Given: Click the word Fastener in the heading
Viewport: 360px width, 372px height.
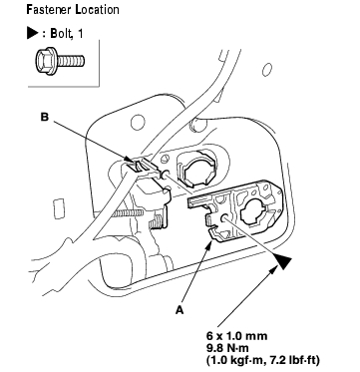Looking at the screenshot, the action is [49, 9].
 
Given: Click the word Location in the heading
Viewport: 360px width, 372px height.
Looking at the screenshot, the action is [98, 9].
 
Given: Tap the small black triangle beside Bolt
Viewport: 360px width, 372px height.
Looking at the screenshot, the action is [32, 34].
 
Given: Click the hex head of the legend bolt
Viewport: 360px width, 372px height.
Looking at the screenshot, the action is [46, 61].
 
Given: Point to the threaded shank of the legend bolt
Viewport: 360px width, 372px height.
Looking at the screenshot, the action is [71, 61].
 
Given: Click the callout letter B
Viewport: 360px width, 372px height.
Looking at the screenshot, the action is [45, 118].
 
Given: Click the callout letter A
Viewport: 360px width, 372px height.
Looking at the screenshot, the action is [180, 310].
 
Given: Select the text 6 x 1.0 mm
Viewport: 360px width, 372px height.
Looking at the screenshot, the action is [236, 336].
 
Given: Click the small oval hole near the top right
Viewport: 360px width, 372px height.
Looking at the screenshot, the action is [267, 70].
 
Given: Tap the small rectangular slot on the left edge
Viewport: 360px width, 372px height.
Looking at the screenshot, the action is [59, 208].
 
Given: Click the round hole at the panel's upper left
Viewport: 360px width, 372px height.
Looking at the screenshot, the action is [138, 123].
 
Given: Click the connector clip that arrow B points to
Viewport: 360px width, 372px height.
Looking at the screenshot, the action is [140, 165].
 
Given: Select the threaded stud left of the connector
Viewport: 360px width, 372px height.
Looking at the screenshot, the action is [127, 213].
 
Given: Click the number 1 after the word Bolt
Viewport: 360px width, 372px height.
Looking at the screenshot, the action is [80, 34].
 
